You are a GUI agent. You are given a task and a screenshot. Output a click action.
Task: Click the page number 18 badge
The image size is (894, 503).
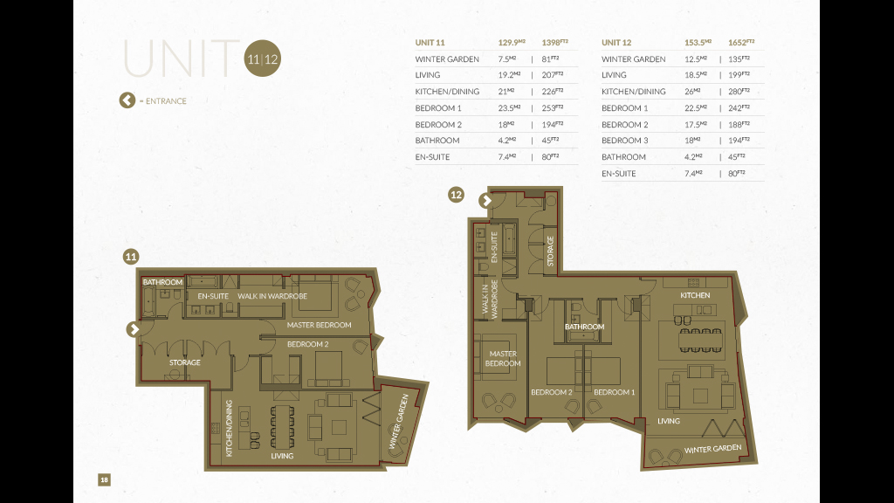tap(105, 479)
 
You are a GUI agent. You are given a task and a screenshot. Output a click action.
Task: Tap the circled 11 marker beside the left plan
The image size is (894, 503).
tap(131, 257)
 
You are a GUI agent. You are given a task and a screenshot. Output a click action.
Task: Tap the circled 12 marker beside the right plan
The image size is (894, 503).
tap(456, 195)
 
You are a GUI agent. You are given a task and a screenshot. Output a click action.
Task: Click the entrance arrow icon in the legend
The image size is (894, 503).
tap(127, 100)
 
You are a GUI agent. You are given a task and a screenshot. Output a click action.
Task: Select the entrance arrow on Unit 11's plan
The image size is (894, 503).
tap(134, 329)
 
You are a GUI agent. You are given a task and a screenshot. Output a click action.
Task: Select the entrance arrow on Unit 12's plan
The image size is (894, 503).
tap(485, 201)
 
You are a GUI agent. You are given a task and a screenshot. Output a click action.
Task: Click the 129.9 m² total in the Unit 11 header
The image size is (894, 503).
tap(512, 42)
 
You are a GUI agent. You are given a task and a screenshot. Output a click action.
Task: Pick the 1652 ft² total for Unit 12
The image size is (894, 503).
tap(741, 42)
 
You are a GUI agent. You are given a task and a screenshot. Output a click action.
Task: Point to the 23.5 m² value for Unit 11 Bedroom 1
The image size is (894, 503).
tap(509, 107)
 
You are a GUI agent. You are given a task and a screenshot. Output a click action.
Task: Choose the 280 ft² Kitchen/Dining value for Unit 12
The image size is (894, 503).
tap(739, 91)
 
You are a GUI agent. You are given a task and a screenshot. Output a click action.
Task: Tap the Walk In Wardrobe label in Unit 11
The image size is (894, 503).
tap(272, 296)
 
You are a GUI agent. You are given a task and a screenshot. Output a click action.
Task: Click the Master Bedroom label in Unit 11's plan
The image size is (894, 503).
tap(320, 325)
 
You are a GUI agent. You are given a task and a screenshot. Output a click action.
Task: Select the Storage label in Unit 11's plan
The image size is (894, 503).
tap(185, 362)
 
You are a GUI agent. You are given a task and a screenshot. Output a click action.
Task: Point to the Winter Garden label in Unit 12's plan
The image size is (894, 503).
tap(713, 449)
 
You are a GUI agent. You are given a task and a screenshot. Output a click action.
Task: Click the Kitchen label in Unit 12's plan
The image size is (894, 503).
tap(695, 295)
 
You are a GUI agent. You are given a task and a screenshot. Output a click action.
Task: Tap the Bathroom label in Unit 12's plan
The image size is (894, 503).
tap(584, 327)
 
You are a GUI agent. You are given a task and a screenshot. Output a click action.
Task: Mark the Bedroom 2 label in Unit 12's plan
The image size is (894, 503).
tap(552, 392)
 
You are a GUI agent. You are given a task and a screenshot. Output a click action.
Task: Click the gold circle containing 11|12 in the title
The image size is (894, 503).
tap(262, 59)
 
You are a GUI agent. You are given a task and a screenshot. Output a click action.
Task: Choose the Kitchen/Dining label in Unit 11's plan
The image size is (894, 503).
tap(230, 428)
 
